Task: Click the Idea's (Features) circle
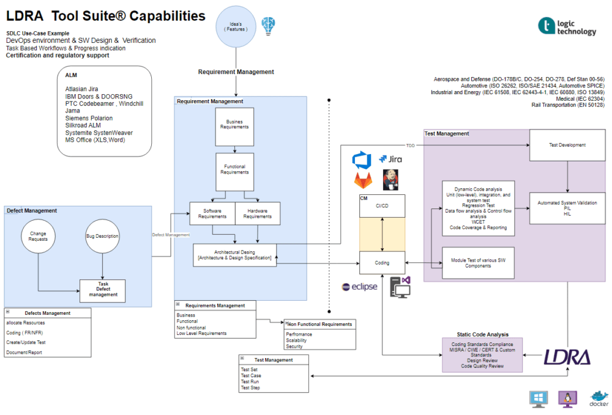pyautogui.click(x=236, y=27)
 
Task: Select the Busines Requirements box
pyautogui.click(x=234, y=124)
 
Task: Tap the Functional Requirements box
pyautogui.click(x=234, y=169)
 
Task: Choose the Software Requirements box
pyautogui.click(x=212, y=213)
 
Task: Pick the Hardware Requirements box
pyautogui.click(x=258, y=213)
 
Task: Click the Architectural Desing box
pyautogui.click(x=234, y=254)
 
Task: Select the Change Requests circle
pyautogui.click(x=38, y=236)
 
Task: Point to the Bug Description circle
pyautogui.click(x=102, y=236)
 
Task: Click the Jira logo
pyautogui.click(x=390, y=160)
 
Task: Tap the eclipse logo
pyautogui.click(x=360, y=287)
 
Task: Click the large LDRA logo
pyautogui.click(x=567, y=357)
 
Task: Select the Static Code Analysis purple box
pyautogui.click(x=482, y=354)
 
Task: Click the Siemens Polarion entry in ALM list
pyautogui.click(x=88, y=118)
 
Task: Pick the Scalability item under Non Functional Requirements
pyautogui.click(x=298, y=340)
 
